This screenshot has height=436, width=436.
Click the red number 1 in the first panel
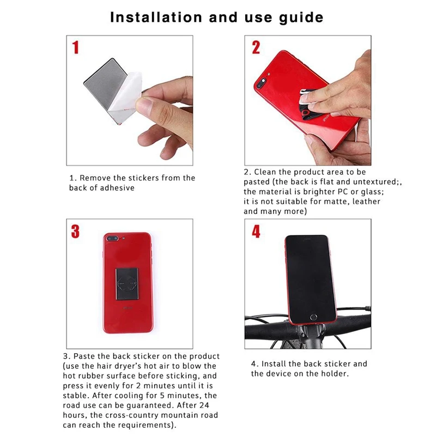click(76, 47)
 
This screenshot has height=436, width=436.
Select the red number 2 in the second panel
click(256, 47)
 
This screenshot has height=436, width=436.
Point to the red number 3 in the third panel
click(75, 231)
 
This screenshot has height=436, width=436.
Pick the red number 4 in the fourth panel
click(256, 231)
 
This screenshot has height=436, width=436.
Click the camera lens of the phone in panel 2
click(262, 83)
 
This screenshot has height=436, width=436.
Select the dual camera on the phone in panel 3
click(112, 239)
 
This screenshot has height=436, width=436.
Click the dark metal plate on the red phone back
click(127, 284)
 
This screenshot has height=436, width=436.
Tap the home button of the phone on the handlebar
click(313, 317)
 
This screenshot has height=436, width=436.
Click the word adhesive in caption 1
click(117, 187)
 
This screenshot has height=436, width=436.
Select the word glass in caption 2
click(372, 192)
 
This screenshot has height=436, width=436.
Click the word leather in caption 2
click(366, 201)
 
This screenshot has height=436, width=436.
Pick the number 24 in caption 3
click(204, 405)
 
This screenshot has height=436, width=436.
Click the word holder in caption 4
click(335, 373)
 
